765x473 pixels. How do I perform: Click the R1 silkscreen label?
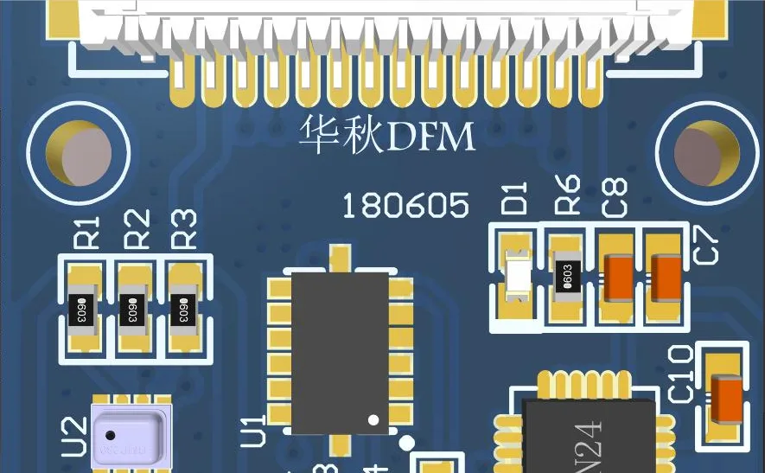pyautogui.click(x=89, y=232)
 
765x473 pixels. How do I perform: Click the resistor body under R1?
pyautogui.click(x=86, y=308)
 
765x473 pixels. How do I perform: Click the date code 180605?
pyautogui.click(x=405, y=206)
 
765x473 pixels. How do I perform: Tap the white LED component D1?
pyautogui.click(x=518, y=277)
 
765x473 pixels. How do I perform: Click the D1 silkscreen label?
pyautogui.click(x=516, y=198)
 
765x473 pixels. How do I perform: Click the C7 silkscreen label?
pyautogui.click(x=707, y=245)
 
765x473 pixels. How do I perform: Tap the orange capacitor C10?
pyautogui.click(x=724, y=399)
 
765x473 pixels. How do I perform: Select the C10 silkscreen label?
pyautogui.click(x=680, y=374)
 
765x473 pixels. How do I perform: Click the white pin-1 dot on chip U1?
pyautogui.click(x=373, y=419)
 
